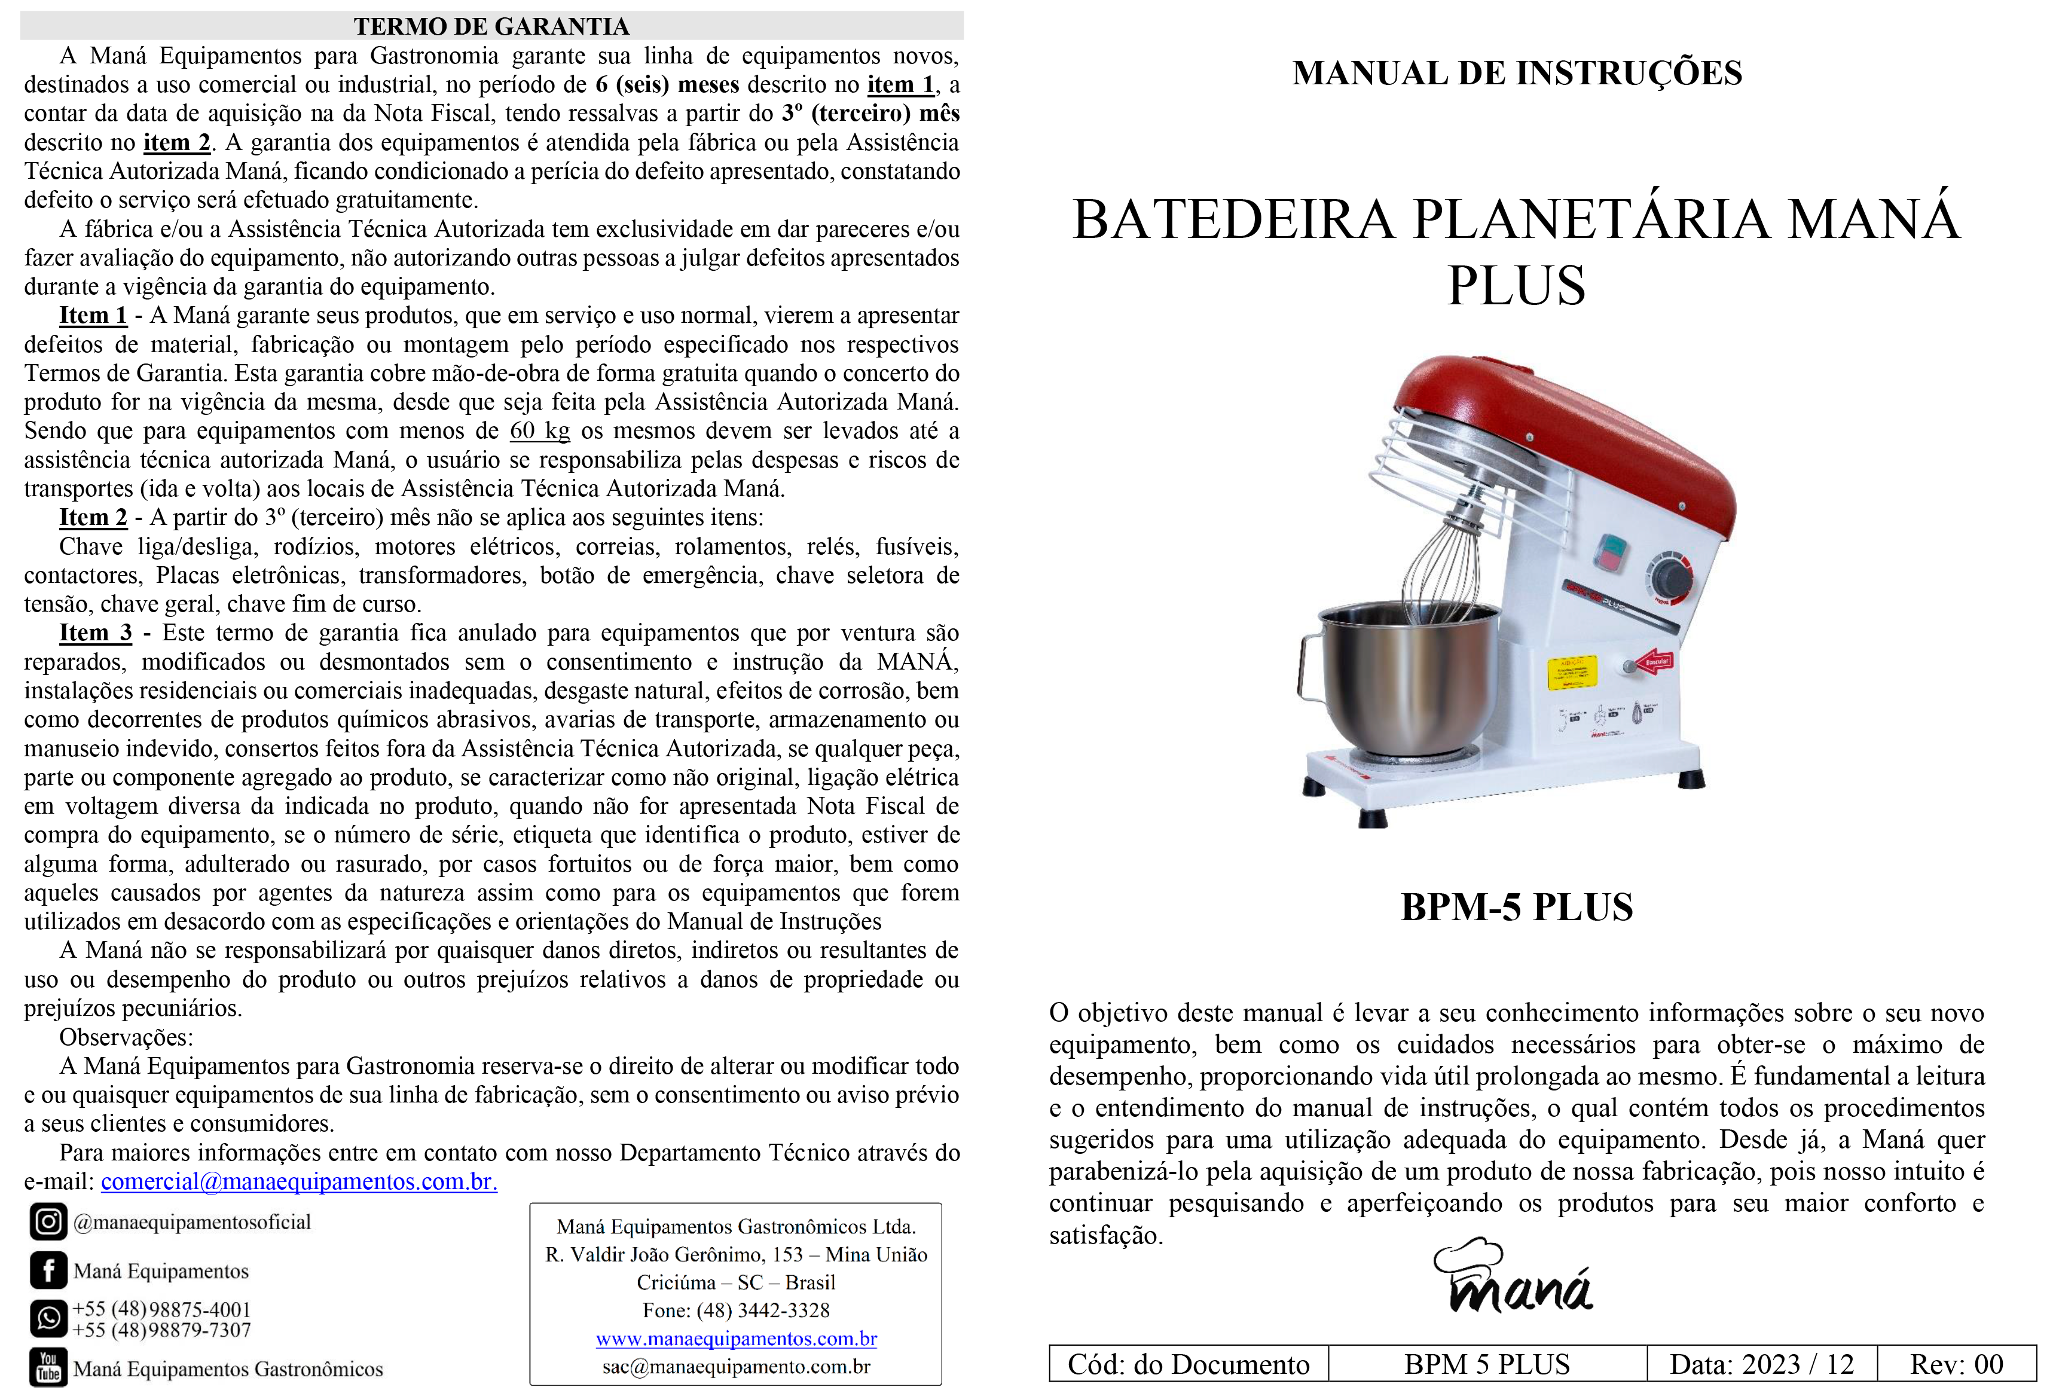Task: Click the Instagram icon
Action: click(48, 1222)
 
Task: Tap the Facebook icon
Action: click(48, 1270)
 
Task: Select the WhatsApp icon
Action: click(48, 1318)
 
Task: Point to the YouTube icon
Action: click(48, 1367)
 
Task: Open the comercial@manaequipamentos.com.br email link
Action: click(299, 1181)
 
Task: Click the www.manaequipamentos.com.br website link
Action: click(736, 1338)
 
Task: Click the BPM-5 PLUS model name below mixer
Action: click(1516, 907)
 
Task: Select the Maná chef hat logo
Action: click(1513, 1276)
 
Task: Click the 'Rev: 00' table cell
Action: click(1956, 1364)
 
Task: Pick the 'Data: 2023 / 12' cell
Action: click(1761, 1364)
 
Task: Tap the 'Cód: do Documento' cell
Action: click(1188, 1364)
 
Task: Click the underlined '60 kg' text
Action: click(540, 431)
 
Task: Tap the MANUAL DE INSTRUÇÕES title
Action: click(1516, 72)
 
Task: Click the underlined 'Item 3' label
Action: click(94, 633)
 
